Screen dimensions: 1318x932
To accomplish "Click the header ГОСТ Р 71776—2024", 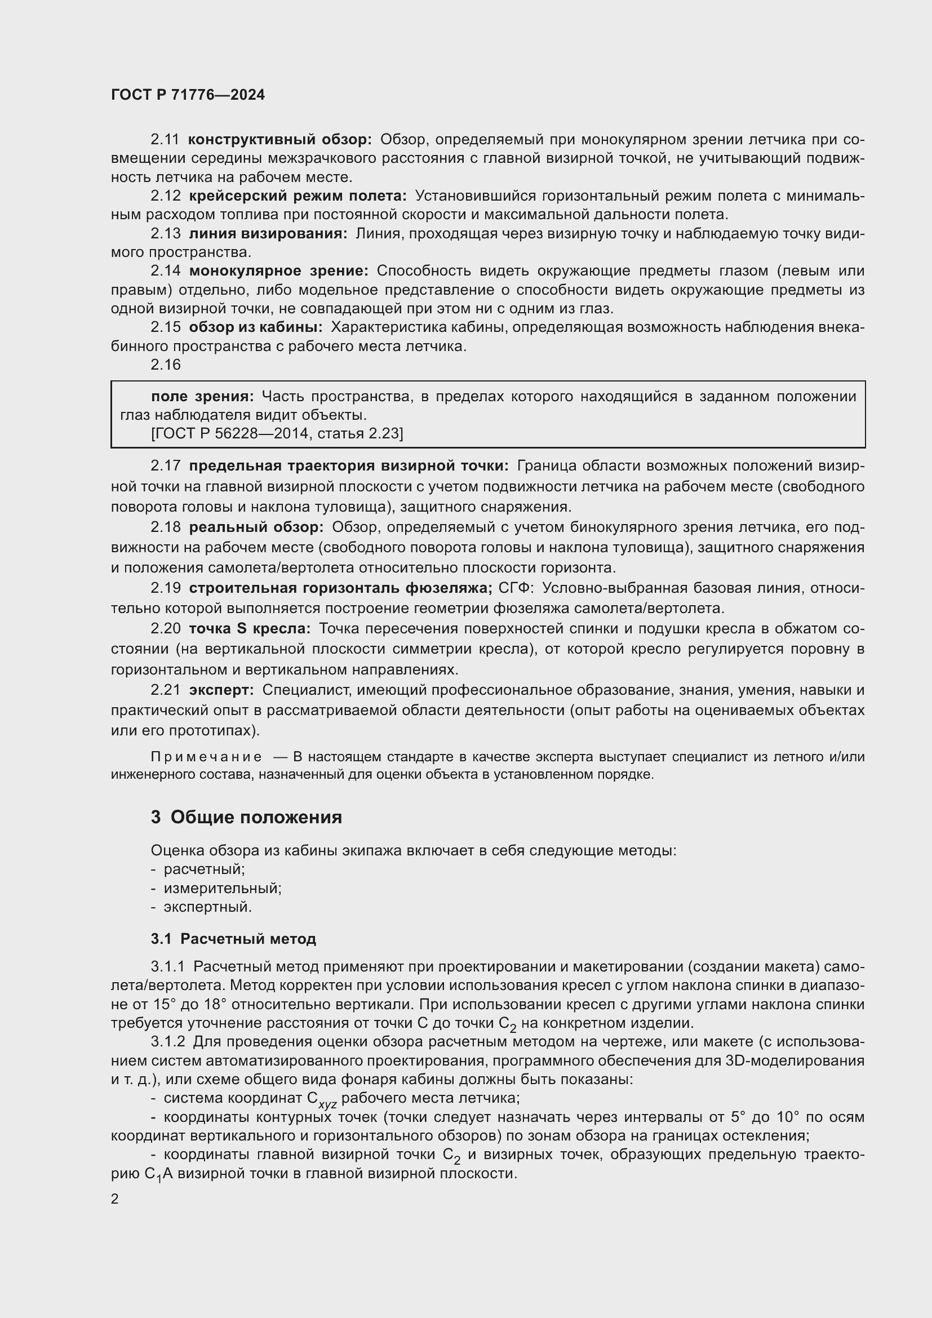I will click(x=188, y=95).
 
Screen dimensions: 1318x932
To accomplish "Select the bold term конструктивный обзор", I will click(x=280, y=140).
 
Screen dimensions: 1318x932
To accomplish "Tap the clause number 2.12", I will click(x=165, y=196).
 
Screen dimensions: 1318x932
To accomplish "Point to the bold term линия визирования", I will click(x=268, y=234).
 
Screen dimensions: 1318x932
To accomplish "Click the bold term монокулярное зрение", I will click(x=278, y=271).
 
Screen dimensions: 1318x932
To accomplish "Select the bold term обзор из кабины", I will click(x=255, y=327).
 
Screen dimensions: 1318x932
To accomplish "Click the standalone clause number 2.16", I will click(x=165, y=365).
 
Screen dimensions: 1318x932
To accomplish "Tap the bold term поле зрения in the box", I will click(x=202, y=397).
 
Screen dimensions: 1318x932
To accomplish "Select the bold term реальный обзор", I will click(x=256, y=527).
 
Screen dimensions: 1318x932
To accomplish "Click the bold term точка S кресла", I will click(x=250, y=629).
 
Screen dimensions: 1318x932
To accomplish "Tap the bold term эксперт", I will click(x=221, y=690).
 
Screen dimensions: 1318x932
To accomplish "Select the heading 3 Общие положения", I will click(x=246, y=818).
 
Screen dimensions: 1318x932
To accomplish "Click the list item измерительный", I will click(x=222, y=889).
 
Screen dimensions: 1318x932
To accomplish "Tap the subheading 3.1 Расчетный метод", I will click(x=233, y=939).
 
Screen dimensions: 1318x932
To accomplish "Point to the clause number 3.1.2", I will click(x=167, y=1042).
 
